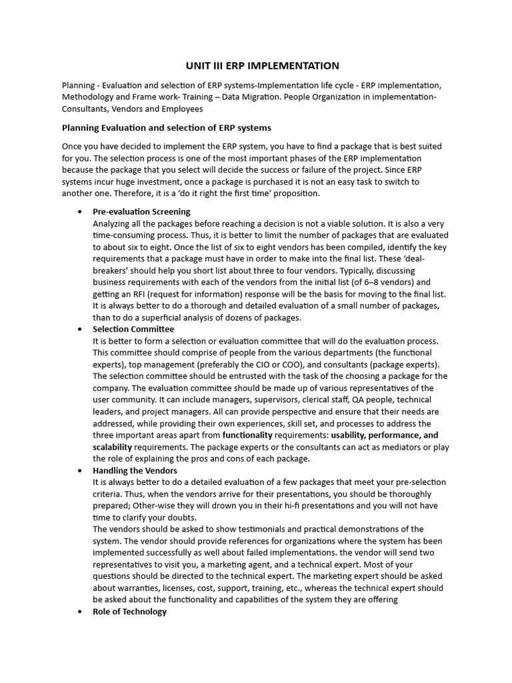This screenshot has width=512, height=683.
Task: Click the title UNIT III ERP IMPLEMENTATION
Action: click(262, 65)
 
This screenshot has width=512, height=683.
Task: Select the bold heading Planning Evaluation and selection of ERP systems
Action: click(166, 127)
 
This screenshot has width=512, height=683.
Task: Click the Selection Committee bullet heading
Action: click(133, 329)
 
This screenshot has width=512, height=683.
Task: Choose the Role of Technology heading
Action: click(129, 612)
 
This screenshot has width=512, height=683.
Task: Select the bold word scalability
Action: click(112, 447)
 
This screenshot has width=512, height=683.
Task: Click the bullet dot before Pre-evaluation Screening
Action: click(80, 211)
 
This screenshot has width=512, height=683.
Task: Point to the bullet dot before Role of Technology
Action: click(80, 612)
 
